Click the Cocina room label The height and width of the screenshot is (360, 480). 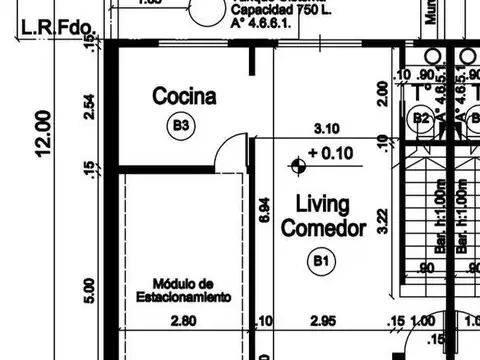point(184,96)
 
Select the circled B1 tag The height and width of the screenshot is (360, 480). point(320,262)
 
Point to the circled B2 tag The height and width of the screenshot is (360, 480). point(422,118)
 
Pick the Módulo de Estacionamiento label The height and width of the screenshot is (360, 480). point(183,290)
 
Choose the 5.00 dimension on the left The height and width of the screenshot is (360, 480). point(90,290)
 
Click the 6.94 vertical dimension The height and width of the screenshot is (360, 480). point(263,209)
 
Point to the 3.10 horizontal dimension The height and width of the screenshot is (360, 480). point(329,128)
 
